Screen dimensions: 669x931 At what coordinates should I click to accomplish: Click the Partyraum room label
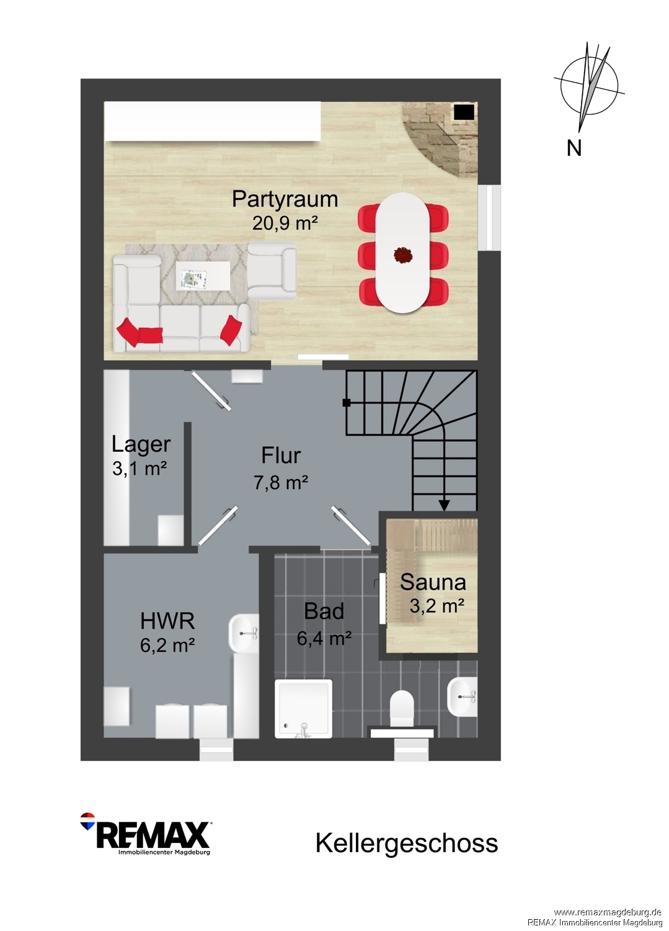click(285, 199)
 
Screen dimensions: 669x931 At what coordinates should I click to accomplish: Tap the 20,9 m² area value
click(285, 223)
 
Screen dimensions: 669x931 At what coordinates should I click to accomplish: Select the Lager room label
click(141, 444)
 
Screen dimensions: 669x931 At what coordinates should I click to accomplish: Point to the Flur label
click(281, 456)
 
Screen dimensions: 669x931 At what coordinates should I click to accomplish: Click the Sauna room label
click(433, 582)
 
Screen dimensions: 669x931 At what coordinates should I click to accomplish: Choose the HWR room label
click(167, 621)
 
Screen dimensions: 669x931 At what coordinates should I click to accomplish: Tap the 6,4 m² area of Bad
click(324, 638)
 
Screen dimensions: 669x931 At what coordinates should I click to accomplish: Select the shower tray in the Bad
click(304, 709)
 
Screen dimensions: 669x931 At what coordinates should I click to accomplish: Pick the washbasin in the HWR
click(243, 634)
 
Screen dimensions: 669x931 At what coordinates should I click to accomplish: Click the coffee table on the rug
click(203, 276)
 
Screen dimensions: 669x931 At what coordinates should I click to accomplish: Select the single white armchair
click(272, 271)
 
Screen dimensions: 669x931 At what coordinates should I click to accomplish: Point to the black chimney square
click(464, 112)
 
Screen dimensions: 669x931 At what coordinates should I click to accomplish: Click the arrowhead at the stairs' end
click(445, 505)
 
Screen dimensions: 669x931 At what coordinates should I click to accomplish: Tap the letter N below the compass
click(574, 148)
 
